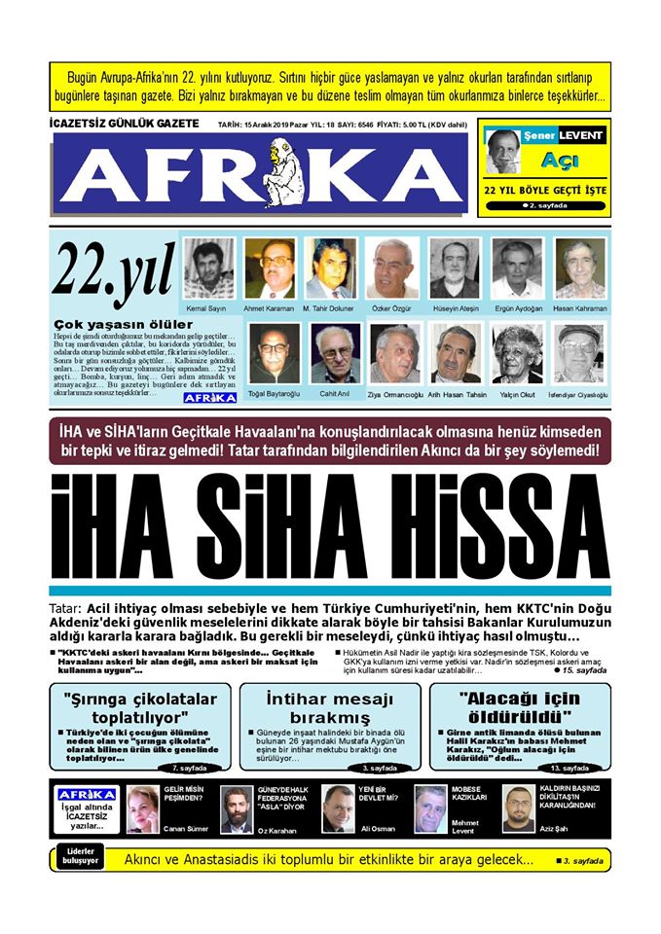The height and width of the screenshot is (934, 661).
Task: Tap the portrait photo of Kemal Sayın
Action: click(209, 269)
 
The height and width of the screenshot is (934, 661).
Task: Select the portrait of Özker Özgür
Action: click(394, 269)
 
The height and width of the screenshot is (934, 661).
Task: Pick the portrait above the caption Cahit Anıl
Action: click(335, 353)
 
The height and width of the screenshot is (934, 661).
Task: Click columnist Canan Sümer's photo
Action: click(142, 808)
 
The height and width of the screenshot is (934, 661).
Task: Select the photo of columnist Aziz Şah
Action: click(519, 808)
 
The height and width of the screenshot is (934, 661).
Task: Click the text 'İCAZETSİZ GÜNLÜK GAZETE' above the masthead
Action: click(124, 124)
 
